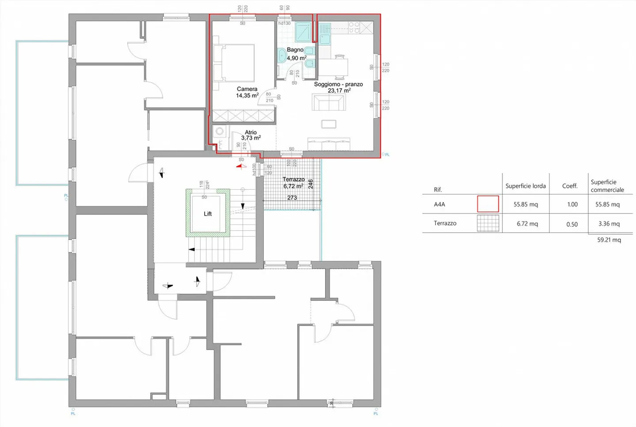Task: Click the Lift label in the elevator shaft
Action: (x=208, y=214)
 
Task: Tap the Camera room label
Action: (x=247, y=89)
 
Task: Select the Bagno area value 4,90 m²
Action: (x=296, y=58)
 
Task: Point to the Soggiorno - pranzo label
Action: (x=338, y=84)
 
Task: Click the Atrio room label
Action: (x=251, y=132)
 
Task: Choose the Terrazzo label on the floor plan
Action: (x=294, y=180)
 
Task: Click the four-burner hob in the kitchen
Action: (x=354, y=28)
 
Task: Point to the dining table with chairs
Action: (x=334, y=67)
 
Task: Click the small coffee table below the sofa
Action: (x=329, y=124)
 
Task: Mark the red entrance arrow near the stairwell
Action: (x=241, y=166)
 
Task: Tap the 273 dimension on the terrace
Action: (x=292, y=198)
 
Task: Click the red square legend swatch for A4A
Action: (x=488, y=204)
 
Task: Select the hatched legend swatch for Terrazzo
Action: (x=488, y=223)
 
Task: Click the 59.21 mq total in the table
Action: (x=609, y=240)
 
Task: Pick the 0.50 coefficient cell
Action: (x=572, y=224)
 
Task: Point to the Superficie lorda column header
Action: (x=526, y=186)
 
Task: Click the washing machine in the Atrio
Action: (x=220, y=131)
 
